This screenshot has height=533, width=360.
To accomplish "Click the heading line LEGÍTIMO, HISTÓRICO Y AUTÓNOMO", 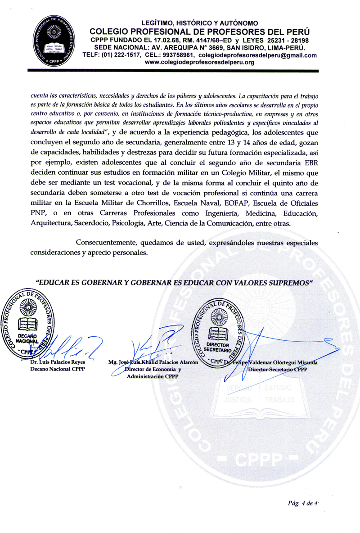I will [x=200, y=23].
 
